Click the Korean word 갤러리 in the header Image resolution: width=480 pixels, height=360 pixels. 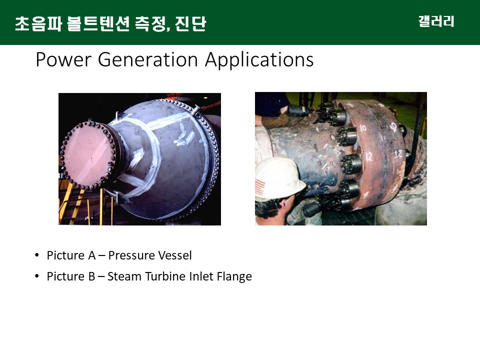436,21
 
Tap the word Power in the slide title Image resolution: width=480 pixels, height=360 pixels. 63,59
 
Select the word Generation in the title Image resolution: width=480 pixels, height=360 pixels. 148,59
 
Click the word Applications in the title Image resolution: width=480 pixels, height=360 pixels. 259,59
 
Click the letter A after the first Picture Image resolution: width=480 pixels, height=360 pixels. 92,255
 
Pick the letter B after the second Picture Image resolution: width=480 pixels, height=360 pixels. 92,276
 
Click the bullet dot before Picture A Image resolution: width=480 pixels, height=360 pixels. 37,255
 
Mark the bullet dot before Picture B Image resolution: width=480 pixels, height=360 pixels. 37,276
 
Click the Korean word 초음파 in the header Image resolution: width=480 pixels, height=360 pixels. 38,23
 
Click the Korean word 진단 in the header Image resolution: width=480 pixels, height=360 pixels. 190,23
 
